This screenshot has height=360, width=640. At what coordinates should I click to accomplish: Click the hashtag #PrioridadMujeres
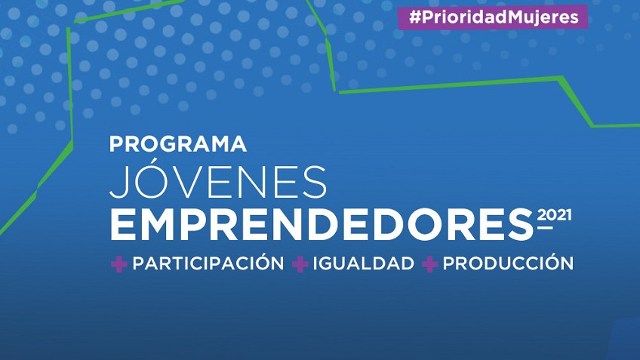494,17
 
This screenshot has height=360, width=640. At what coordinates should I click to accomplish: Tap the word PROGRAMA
178,144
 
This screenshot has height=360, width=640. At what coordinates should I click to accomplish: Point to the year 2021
554,214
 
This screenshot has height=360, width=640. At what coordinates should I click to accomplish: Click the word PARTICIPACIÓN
208,263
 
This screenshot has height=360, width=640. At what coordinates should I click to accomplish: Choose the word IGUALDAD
363,263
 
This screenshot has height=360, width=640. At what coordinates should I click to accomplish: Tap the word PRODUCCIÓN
508,263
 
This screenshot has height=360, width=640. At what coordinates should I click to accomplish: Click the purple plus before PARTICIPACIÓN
118,264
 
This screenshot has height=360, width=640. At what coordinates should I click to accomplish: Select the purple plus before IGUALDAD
300,264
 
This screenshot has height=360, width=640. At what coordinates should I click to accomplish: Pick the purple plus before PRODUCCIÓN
429,264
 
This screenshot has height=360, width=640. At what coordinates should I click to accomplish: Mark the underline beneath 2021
545,227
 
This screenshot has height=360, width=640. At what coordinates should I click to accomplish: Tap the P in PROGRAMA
116,144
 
